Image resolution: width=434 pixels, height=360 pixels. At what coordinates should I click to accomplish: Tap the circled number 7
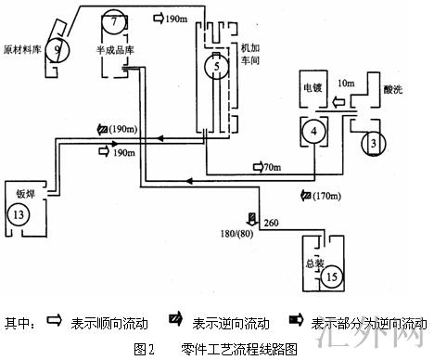tap(113, 20)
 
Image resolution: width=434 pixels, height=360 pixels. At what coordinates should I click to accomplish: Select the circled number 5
tap(214, 69)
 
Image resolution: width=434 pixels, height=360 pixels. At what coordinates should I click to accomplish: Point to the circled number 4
tap(315, 133)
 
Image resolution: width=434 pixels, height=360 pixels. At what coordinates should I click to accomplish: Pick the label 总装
tap(317, 263)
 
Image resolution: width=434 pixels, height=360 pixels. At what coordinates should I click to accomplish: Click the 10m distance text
tap(346, 84)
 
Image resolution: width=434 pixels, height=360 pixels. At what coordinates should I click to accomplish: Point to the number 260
tap(272, 223)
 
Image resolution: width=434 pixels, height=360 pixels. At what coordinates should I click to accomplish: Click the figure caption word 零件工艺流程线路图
tap(239, 349)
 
